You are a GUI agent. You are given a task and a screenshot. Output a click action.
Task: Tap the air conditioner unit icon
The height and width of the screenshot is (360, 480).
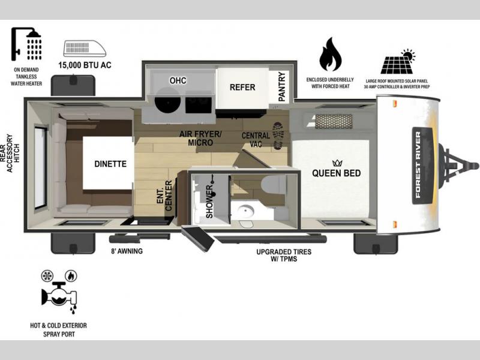point(85,49)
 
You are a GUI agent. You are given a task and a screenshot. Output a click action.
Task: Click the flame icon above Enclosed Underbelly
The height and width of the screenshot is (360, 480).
point(330,54)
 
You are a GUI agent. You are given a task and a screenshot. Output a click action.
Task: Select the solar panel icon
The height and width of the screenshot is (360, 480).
point(398,61)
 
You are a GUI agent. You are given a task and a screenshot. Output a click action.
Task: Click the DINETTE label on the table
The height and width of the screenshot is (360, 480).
point(110,164)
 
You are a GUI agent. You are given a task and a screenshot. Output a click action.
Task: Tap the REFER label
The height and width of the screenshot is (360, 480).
point(242,88)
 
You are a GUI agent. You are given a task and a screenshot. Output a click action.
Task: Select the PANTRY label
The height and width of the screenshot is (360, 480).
point(281,86)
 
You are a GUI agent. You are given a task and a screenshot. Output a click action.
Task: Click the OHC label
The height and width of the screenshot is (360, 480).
point(178,80)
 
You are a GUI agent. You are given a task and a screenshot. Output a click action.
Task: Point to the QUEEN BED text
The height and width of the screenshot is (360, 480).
point(337,173)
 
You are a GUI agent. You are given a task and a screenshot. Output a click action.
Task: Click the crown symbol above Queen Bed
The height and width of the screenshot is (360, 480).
point(337,163)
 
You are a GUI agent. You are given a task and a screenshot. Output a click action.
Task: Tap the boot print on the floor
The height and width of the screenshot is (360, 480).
point(278,136)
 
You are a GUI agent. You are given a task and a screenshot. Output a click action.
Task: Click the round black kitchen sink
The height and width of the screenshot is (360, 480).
point(167,100)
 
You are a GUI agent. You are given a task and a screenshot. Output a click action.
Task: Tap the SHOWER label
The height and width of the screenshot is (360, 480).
point(209,202)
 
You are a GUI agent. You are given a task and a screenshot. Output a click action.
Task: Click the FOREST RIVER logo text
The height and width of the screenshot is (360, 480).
point(418,165)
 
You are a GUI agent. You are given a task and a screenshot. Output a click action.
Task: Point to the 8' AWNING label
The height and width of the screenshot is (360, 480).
point(127,251)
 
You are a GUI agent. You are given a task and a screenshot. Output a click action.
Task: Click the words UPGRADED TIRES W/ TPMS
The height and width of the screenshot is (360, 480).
point(284,256)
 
